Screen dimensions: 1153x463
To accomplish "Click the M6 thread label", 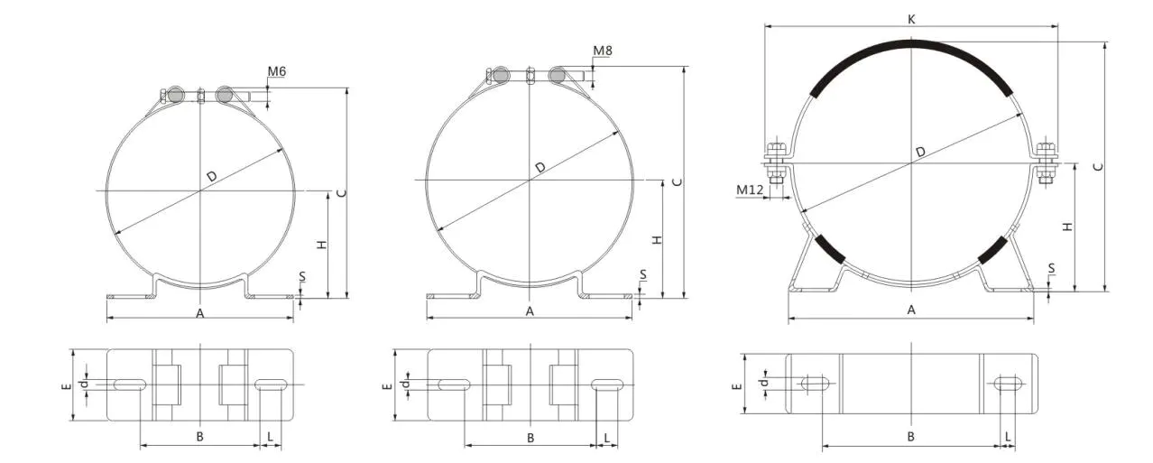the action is pos(277,71).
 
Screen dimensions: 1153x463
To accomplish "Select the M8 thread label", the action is pos(603,51).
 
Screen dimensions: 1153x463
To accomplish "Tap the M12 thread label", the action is pos(750,190).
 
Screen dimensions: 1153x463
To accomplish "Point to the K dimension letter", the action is pos(911,20).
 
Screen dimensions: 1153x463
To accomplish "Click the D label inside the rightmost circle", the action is pos(920,152).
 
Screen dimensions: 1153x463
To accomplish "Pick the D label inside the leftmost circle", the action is pos(212,176).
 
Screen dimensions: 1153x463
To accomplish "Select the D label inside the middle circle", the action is pos(540,167).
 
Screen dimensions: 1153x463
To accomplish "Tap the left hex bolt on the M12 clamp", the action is pos(775,162).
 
